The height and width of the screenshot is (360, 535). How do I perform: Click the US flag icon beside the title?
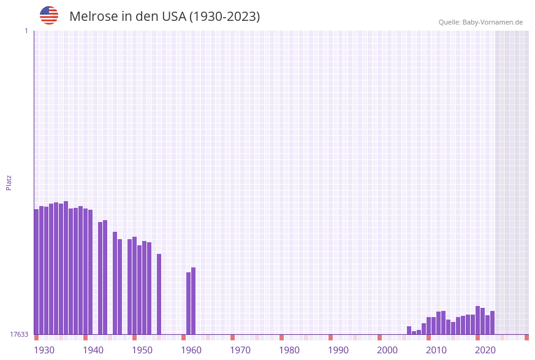pyautogui.click(x=49, y=15)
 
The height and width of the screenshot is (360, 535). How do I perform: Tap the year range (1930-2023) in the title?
pyautogui.click(x=224, y=17)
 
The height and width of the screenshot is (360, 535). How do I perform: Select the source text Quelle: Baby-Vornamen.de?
pyautogui.click(x=480, y=23)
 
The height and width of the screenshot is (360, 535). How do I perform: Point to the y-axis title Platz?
pyautogui.click(x=9, y=182)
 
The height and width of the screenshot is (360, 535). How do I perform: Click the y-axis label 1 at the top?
pyautogui.click(x=26, y=31)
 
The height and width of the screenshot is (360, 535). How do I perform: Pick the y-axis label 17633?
pyautogui.click(x=19, y=334)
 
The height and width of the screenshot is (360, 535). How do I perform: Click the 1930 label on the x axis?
pyautogui.click(x=44, y=350)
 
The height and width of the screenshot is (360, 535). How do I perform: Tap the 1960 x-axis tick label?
pyautogui.click(x=191, y=350)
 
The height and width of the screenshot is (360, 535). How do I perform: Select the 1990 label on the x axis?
pyautogui.click(x=338, y=350)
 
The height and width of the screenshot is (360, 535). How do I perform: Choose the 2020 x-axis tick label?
pyautogui.click(x=485, y=350)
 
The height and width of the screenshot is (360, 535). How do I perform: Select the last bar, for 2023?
pyautogui.click(x=492, y=323)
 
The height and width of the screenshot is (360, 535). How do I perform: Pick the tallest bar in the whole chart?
pyautogui.click(x=66, y=267)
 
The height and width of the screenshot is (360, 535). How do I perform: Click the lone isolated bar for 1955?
pyautogui.click(x=159, y=294)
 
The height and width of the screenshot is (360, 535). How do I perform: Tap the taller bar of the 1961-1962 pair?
pyautogui.click(x=193, y=301)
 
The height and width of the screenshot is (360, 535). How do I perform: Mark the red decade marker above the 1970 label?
pyautogui.click(x=232, y=337)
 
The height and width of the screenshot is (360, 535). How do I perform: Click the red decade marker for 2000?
pyautogui.click(x=379, y=337)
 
